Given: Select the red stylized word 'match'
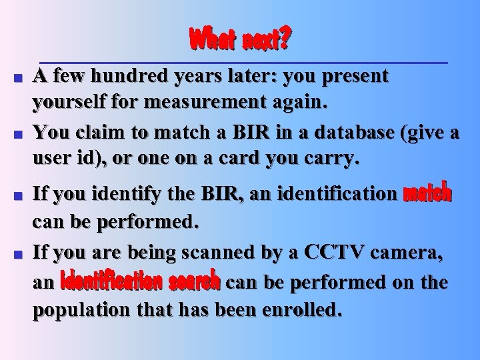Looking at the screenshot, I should (427, 194).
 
